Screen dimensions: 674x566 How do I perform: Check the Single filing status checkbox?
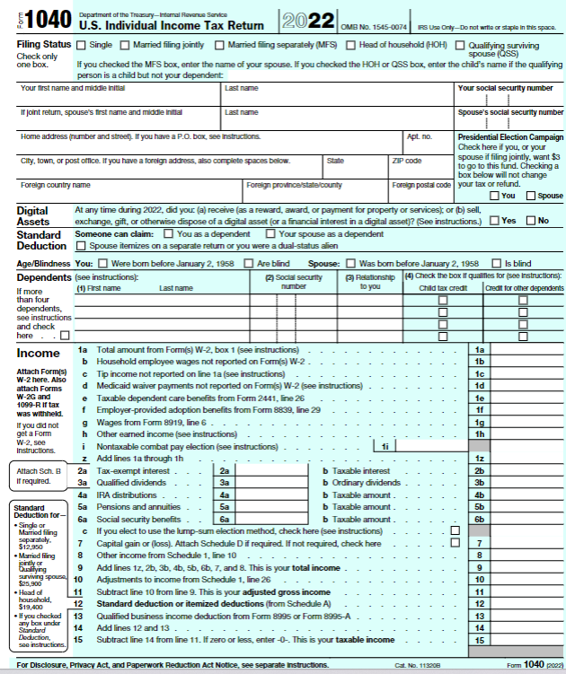tap(82, 44)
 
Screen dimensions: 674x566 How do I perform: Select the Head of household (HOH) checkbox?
tap(351, 44)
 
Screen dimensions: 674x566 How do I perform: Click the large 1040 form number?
tap(41, 21)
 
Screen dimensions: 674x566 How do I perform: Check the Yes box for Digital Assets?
tap(494, 221)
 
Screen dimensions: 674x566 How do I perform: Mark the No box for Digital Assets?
tap(530, 221)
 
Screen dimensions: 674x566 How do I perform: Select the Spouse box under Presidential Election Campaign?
tap(531, 195)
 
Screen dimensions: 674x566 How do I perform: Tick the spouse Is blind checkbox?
tap(498, 263)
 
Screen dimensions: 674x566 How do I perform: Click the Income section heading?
tap(39, 353)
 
